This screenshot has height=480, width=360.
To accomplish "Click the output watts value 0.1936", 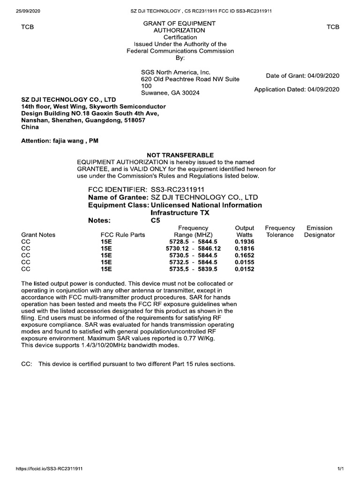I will [244, 241].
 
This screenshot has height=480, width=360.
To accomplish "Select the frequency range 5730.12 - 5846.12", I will [193, 248].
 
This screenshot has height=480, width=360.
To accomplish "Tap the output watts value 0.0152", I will [244, 269].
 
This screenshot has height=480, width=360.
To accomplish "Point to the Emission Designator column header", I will [319, 232].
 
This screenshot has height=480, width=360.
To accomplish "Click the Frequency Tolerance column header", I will [280, 232].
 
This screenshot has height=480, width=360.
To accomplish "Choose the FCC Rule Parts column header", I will [123, 235].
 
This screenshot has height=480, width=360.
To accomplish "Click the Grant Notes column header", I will [38, 235].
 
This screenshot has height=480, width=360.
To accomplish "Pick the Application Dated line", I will [297, 89].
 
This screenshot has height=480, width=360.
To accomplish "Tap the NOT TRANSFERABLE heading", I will [180, 155].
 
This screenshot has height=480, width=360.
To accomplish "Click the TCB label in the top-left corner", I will [28, 27].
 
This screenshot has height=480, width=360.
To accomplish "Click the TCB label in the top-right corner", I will [333, 27].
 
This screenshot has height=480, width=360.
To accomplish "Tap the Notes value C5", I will [155, 220].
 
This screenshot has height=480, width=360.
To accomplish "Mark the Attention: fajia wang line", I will [60, 141].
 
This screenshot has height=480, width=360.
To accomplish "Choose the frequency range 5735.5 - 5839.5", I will [193, 269].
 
